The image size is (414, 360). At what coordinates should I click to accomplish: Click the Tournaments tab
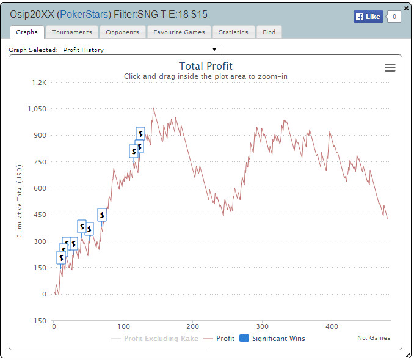tap(71, 32)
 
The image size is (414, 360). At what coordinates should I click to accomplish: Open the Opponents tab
tap(122, 32)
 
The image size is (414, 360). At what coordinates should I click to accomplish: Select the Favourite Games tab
tap(179, 32)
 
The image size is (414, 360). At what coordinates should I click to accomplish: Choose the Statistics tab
tap(233, 32)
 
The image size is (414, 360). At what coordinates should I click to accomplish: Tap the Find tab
tap(269, 32)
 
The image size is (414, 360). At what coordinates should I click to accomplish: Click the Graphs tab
tap(27, 32)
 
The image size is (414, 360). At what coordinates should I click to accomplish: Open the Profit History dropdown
tap(140, 50)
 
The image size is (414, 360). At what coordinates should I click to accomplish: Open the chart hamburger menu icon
tap(390, 68)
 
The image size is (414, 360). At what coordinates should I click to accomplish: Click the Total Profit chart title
tap(205, 66)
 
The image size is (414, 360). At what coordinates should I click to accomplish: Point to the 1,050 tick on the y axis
tap(36, 109)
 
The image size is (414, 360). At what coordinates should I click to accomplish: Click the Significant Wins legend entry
tap(272, 338)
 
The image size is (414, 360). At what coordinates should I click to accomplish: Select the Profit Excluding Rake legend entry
tap(156, 338)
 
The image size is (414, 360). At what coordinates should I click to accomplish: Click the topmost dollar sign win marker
tap(140, 133)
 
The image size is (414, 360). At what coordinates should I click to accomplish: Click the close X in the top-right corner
tap(407, 9)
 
